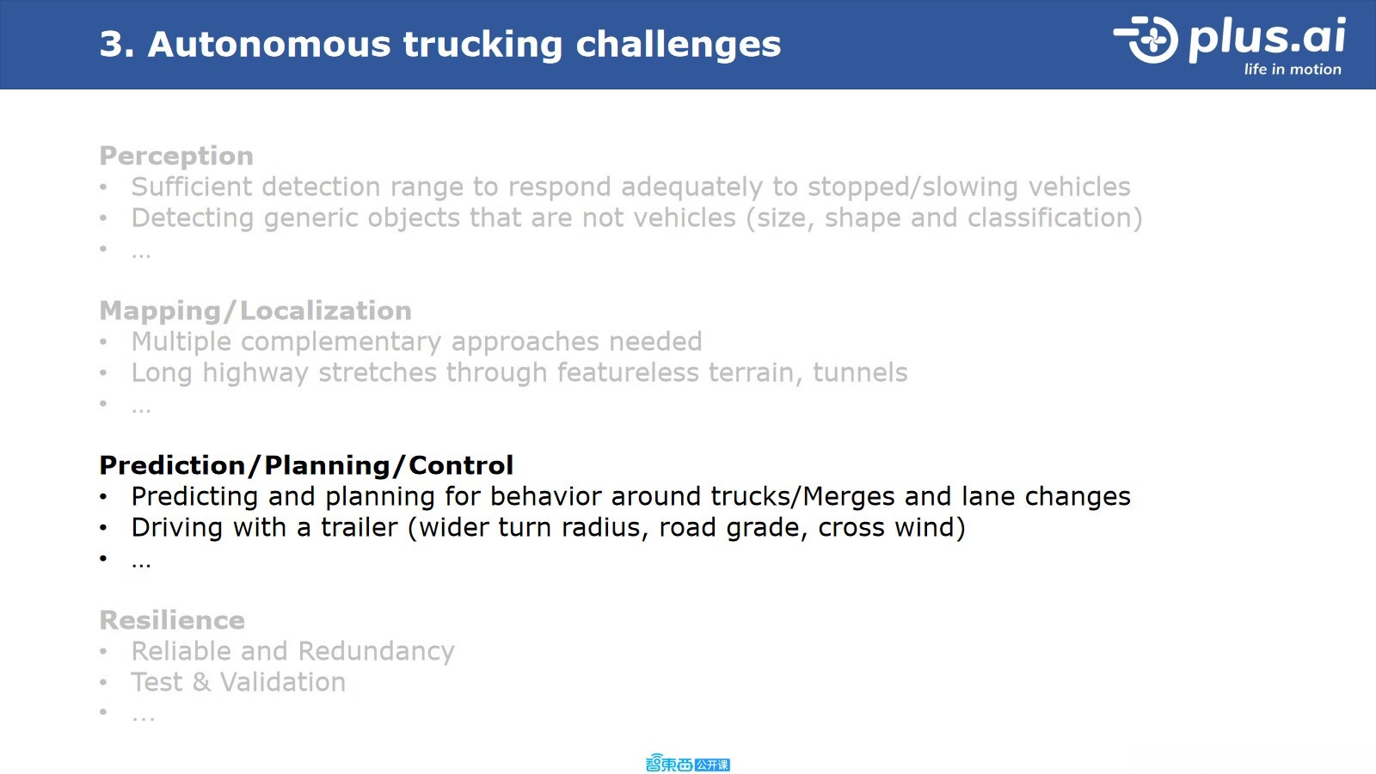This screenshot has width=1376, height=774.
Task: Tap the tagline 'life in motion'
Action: [x=1293, y=70]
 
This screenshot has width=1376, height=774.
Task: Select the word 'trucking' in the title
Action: [x=482, y=46]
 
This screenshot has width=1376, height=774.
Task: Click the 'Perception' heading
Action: [x=176, y=157]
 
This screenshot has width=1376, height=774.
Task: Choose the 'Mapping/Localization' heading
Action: [x=255, y=310]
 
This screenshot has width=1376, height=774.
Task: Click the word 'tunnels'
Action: [x=860, y=373]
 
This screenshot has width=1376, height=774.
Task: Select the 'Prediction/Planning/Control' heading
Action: [x=306, y=465]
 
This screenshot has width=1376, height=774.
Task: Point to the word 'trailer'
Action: [x=359, y=528]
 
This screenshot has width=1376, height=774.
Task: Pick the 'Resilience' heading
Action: [x=172, y=620]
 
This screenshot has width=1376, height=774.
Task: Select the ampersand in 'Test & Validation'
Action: [x=201, y=683]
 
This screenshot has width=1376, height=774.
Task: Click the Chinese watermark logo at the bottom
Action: [x=687, y=764]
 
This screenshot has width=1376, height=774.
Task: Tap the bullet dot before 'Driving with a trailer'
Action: [x=103, y=528]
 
